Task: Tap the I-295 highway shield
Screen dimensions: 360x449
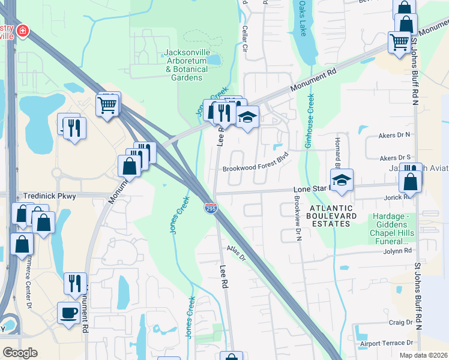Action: (210, 208)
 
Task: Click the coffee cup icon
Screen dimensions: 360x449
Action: (68, 312)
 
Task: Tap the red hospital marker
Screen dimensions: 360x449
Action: (22, 30)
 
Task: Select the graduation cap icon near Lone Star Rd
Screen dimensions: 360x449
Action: (342, 179)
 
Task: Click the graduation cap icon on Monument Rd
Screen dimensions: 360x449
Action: (247, 116)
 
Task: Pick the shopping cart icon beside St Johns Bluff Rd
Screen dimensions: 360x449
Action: (399, 41)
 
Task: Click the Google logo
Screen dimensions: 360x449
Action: (19, 352)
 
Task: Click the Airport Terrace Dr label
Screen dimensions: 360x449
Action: (387, 343)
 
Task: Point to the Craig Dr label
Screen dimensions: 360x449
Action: (400, 322)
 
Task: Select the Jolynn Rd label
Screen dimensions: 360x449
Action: (399, 250)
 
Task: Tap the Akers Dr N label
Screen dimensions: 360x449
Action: (394, 136)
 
